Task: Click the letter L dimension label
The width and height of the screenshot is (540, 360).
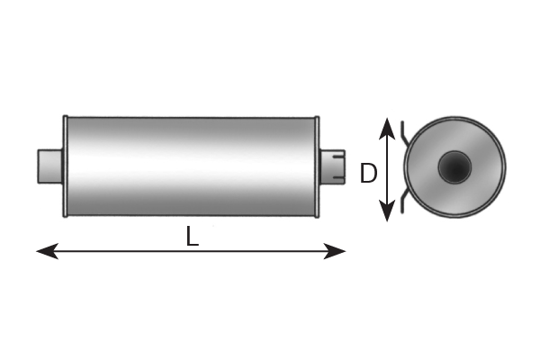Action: [193, 236]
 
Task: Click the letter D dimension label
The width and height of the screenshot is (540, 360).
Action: [368, 174]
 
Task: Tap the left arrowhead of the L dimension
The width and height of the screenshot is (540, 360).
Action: [47, 251]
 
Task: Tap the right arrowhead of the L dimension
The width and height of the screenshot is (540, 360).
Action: [335, 251]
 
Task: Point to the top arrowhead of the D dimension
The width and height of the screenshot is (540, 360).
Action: [387, 129]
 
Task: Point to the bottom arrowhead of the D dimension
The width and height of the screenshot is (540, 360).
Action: [387, 211]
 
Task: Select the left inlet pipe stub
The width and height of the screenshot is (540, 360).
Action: [49, 166]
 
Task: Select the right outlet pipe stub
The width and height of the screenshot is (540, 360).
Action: [332, 166]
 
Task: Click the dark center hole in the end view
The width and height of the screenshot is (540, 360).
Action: [454, 167]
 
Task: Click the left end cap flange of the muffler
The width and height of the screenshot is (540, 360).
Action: [65, 166]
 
